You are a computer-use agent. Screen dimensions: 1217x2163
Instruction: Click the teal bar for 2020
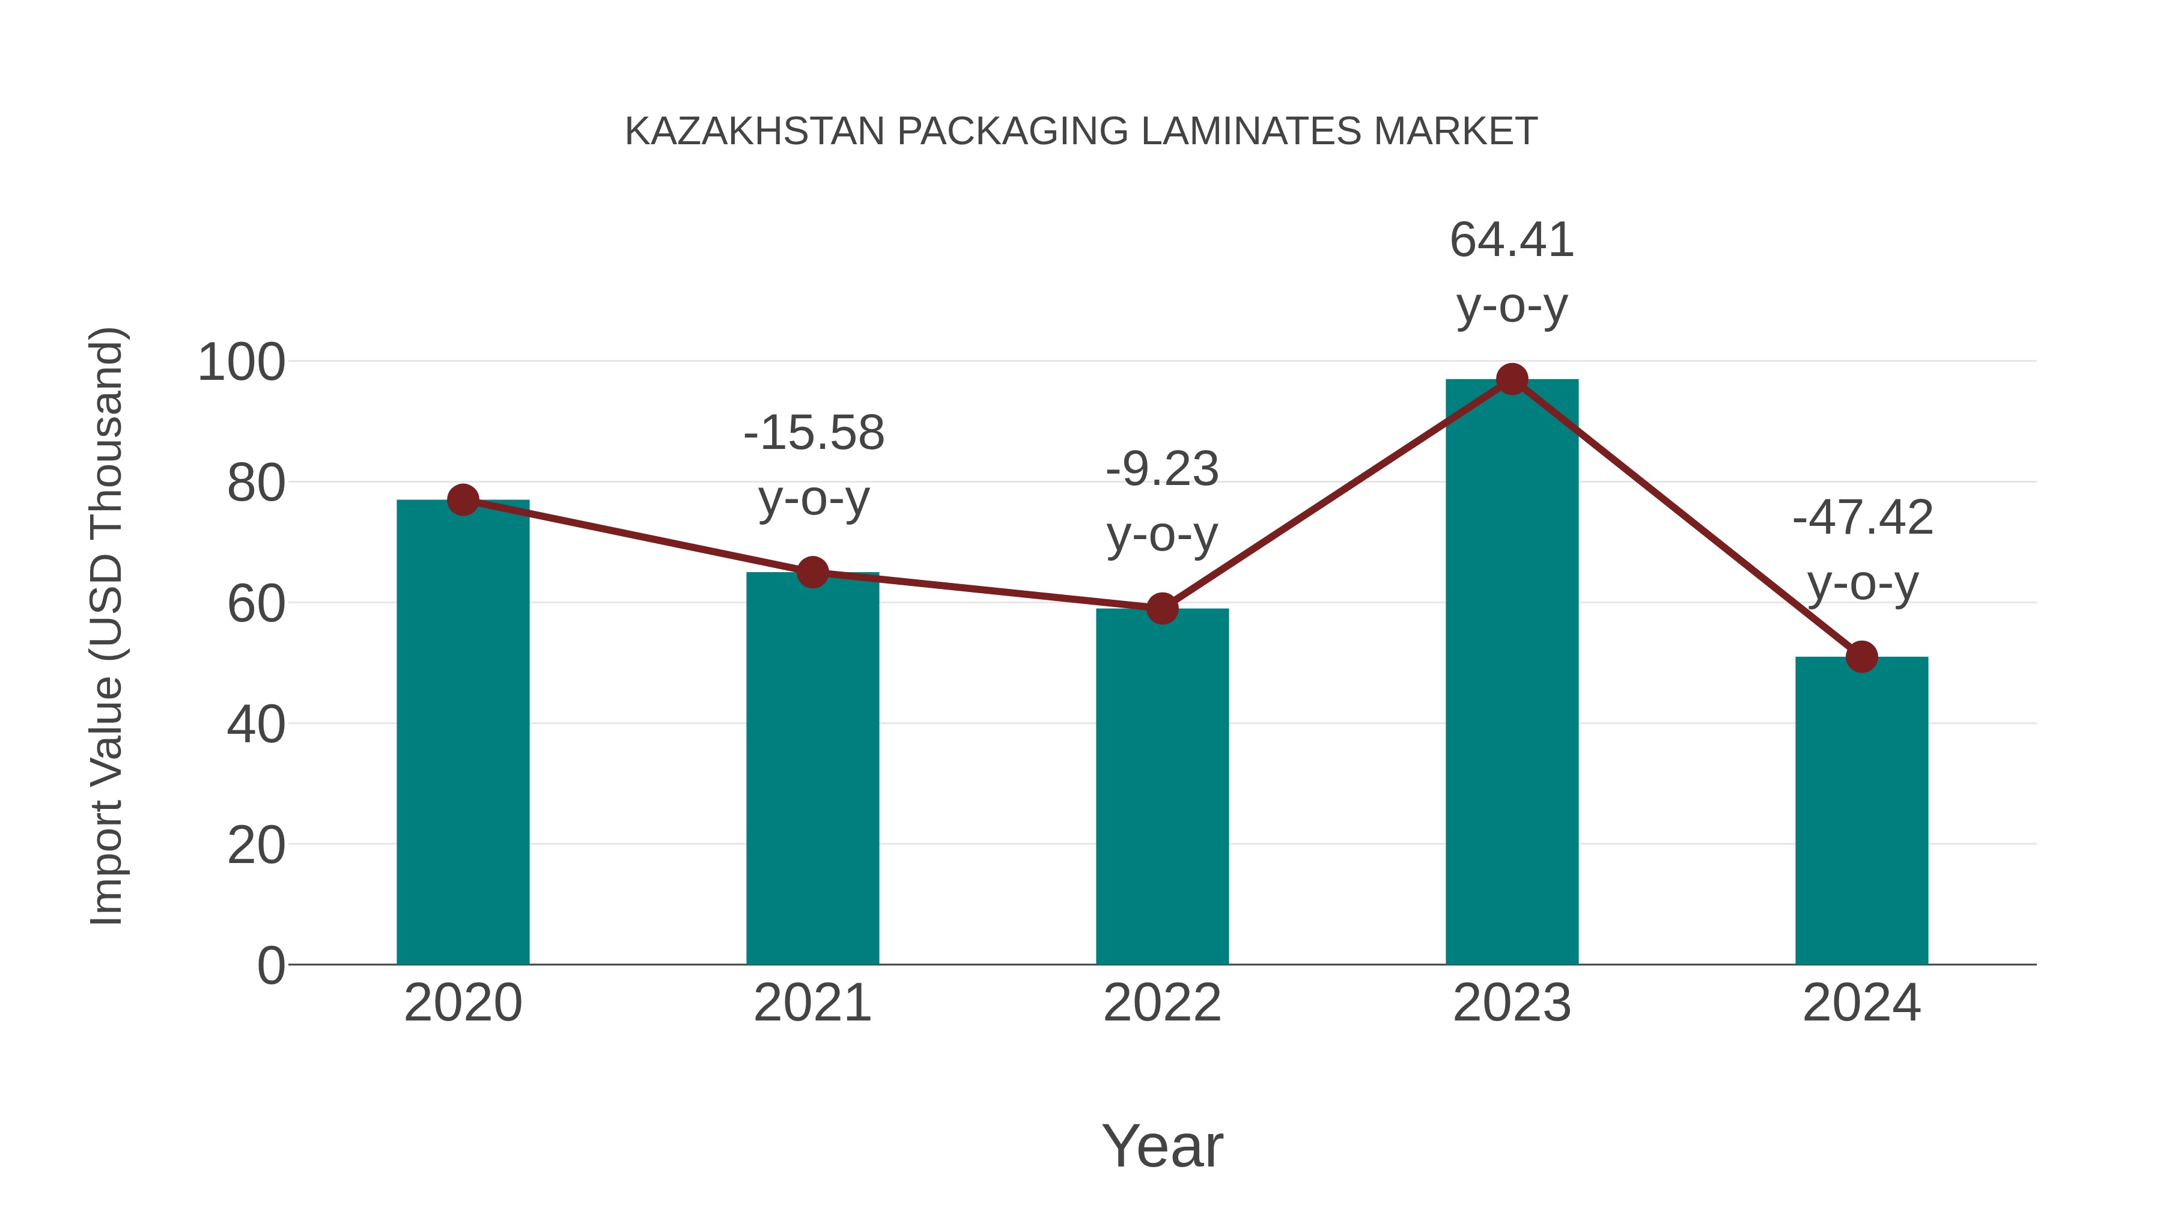coord(463,731)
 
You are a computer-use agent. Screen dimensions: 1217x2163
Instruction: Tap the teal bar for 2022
coord(1162,786)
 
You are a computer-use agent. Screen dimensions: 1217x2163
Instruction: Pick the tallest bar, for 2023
coord(1512,672)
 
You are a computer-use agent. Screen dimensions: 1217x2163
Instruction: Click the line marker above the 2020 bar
coord(463,500)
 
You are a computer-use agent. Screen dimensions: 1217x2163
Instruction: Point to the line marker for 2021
coord(812,573)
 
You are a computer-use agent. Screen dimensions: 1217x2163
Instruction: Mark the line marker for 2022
coord(1162,608)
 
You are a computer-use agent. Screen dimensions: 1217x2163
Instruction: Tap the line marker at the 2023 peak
coord(1512,380)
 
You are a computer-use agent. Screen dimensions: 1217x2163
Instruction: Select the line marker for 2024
coord(1861,657)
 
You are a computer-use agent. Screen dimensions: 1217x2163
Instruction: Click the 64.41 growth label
coord(1512,240)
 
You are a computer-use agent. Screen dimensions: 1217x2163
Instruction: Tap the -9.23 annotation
coord(1162,469)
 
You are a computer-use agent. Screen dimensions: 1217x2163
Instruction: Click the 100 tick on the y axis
coord(241,363)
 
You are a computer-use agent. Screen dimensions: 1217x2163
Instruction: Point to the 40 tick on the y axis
coord(255,724)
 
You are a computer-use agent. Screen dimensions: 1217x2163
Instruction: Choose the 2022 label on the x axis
coord(1162,1003)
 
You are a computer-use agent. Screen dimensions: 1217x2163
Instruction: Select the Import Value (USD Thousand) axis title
coord(108,626)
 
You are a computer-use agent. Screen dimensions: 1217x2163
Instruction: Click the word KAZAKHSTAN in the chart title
coord(755,132)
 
